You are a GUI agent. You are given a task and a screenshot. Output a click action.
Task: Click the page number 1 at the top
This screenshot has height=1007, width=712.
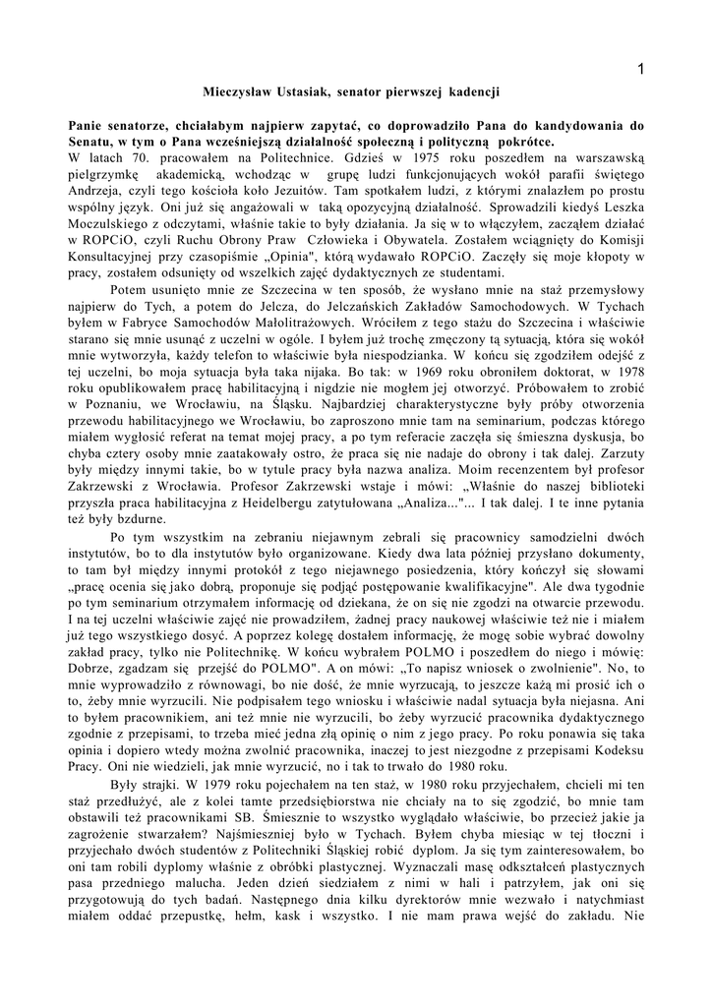pos(640,68)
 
